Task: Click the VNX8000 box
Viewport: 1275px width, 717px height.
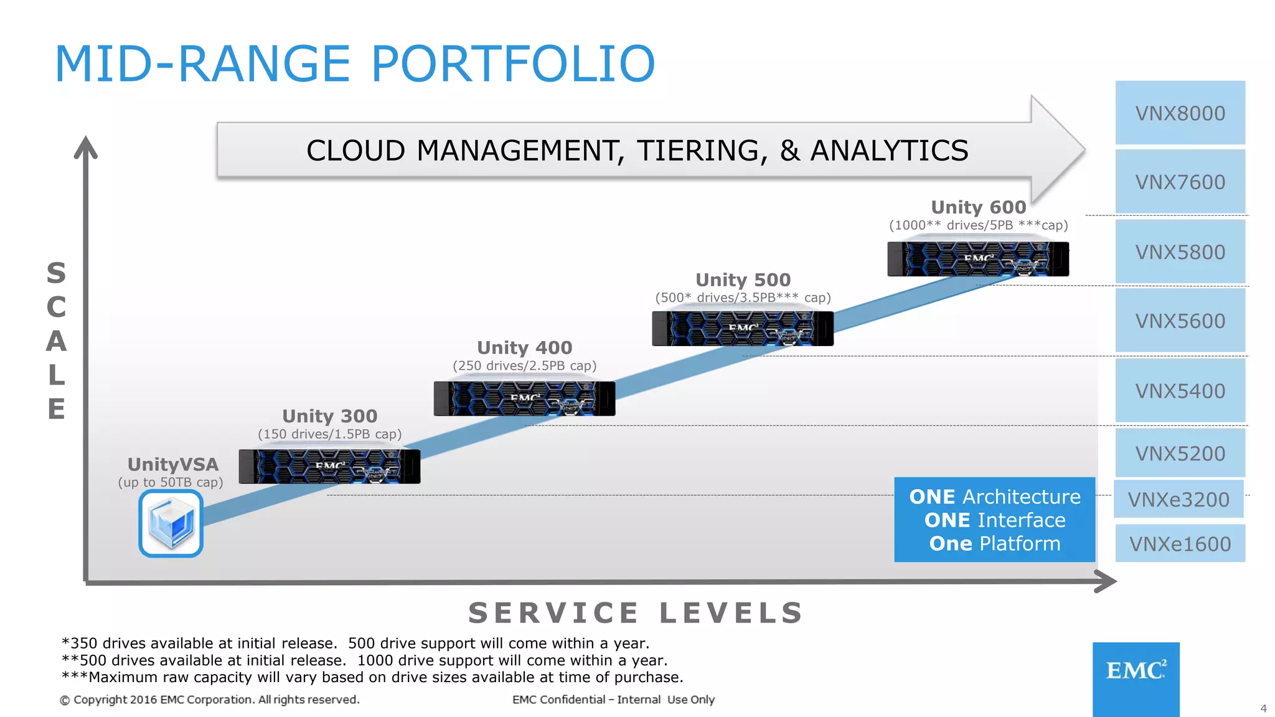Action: (x=1180, y=113)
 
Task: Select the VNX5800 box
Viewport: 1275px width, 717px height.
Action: (x=1180, y=252)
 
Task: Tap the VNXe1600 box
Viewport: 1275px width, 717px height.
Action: (x=1180, y=544)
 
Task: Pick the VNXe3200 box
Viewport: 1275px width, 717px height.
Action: (x=1179, y=499)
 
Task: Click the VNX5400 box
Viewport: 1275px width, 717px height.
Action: (x=1180, y=391)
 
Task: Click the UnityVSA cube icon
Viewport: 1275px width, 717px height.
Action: (x=171, y=523)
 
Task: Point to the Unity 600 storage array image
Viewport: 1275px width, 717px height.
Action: (x=978, y=259)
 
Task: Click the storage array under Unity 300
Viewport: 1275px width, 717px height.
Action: (x=329, y=466)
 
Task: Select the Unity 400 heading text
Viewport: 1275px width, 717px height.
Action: (x=524, y=347)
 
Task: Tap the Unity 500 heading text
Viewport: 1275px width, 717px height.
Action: (x=743, y=279)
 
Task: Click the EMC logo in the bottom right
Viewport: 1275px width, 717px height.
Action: (x=1136, y=672)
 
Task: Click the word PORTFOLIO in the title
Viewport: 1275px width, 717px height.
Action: (x=513, y=63)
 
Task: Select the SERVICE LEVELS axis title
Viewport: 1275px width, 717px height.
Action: (x=636, y=613)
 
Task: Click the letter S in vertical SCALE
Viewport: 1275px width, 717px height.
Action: (x=56, y=273)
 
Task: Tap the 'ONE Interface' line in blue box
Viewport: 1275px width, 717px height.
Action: (x=995, y=520)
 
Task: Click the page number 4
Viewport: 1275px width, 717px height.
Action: (x=1263, y=708)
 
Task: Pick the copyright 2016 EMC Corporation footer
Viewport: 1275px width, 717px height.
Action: (x=210, y=700)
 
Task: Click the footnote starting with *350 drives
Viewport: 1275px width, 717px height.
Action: (x=355, y=643)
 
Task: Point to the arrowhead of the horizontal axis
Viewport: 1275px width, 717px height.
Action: (x=1107, y=582)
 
